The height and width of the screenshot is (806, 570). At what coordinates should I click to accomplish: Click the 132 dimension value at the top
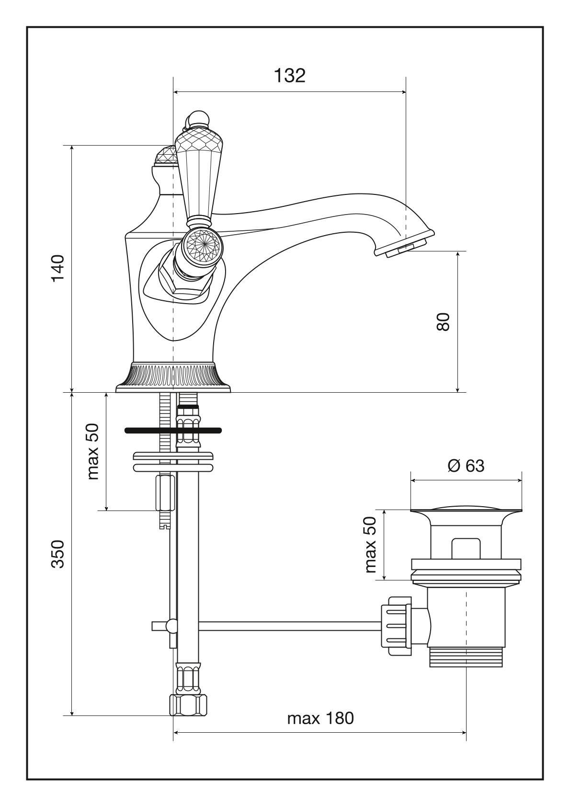pos(289,75)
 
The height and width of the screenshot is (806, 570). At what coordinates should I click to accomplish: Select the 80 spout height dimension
pos(443,321)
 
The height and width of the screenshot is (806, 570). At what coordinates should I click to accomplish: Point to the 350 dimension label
pos(58,554)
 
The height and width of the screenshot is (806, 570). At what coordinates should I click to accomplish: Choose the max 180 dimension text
pos(320,718)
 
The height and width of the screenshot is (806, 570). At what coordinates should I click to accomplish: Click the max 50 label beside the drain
pos(371,545)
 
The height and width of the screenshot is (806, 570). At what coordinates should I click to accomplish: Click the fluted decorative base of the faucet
pos(173,375)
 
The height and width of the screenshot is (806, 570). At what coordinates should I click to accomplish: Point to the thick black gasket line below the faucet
pos(173,430)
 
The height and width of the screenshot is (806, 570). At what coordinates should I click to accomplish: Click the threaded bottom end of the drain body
pos(465,657)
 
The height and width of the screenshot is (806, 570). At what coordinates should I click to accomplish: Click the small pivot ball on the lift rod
pos(171,625)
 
